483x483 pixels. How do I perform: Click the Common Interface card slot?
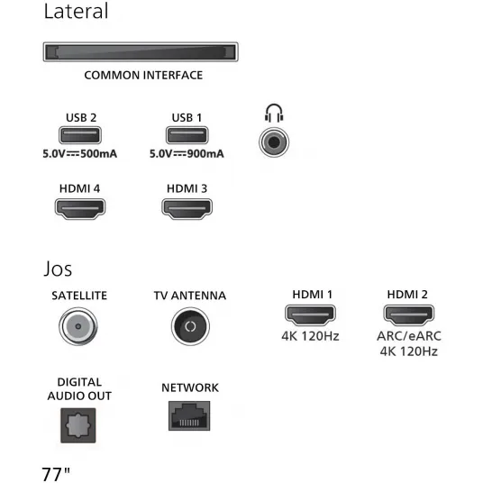click(x=141, y=51)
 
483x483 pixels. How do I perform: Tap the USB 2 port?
click(x=80, y=135)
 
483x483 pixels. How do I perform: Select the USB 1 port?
click(x=187, y=135)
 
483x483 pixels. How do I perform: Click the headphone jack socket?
click(x=274, y=142)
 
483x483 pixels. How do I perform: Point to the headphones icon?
click(x=274, y=113)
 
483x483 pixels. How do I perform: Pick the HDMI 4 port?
click(x=80, y=209)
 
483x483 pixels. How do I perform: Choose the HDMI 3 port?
click(x=187, y=209)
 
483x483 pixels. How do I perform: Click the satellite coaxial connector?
click(x=78, y=326)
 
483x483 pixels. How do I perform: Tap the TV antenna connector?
click(x=190, y=326)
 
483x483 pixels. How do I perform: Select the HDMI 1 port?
click(x=310, y=314)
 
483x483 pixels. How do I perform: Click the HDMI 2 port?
click(x=409, y=314)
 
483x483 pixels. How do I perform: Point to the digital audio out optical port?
click(x=78, y=425)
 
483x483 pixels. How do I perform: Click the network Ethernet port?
click(x=189, y=415)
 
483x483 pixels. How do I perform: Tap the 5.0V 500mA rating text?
click(x=80, y=154)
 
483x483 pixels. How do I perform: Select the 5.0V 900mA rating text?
click(x=187, y=154)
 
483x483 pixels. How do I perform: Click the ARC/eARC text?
click(x=409, y=336)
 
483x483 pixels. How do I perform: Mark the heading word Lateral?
click(x=76, y=11)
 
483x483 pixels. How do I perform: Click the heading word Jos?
click(x=58, y=269)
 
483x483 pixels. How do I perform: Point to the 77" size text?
click(x=56, y=474)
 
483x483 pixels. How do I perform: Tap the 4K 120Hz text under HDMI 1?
click(x=310, y=336)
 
